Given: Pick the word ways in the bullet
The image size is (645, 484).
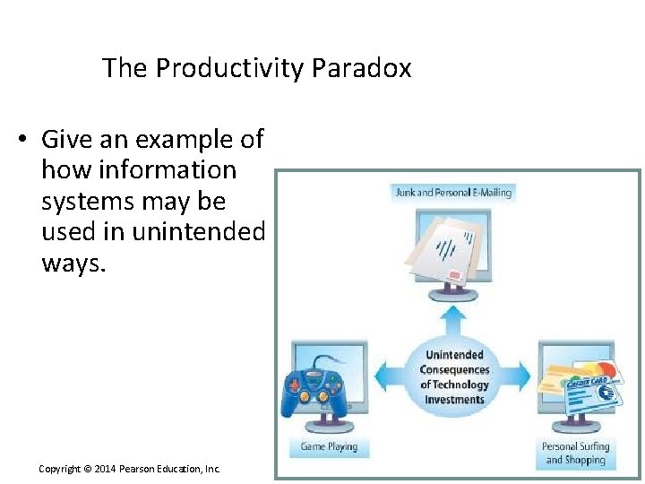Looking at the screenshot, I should click(x=72, y=264).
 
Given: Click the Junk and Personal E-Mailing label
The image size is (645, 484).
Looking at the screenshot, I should click(x=453, y=192).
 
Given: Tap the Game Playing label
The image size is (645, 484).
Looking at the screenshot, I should click(x=329, y=446).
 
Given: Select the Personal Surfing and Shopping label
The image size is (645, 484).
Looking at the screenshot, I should click(x=575, y=454).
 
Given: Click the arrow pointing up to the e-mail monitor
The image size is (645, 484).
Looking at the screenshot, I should click(x=455, y=317).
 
